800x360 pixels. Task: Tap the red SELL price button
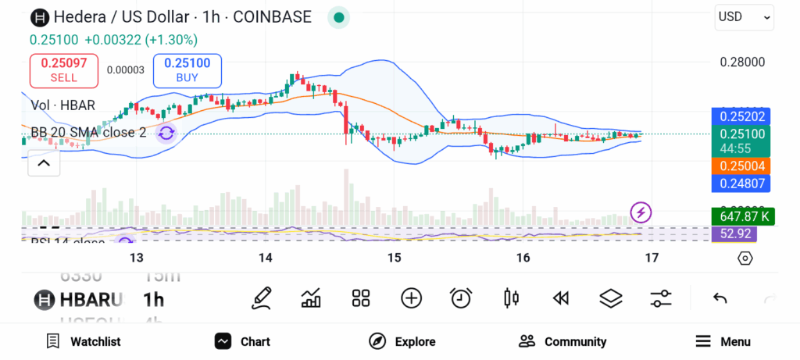pos(64,70)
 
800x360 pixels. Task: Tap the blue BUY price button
pos(187,70)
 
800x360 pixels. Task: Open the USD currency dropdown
pos(744,16)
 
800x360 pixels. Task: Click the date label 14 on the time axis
pos(265,258)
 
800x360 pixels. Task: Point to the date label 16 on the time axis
pos(523,258)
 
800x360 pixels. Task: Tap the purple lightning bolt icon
pos(641,212)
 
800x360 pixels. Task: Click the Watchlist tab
pos(84,341)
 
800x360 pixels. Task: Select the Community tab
pos(562,341)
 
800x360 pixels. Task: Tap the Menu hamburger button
pos(723,341)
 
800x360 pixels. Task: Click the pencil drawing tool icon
pos(262,298)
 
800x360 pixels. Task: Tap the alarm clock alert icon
pos(461,298)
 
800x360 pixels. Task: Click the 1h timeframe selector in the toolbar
pos(154,299)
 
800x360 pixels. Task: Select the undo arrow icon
pos(720,298)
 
